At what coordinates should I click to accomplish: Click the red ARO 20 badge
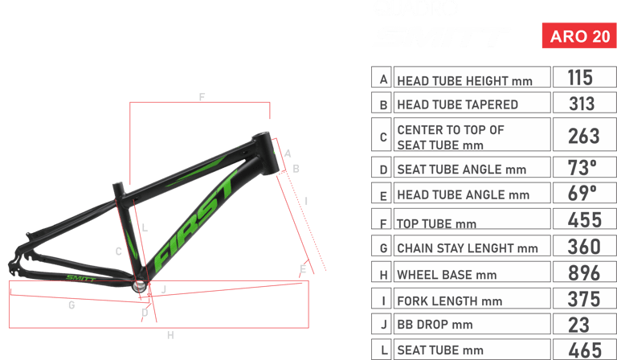(578, 36)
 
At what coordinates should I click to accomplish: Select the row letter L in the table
(384, 350)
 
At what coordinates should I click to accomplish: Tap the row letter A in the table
(384, 79)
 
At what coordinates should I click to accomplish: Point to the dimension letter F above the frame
(202, 96)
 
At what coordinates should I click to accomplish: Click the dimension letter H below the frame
(170, 333)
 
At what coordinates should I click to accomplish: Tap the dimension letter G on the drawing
(72, 305)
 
